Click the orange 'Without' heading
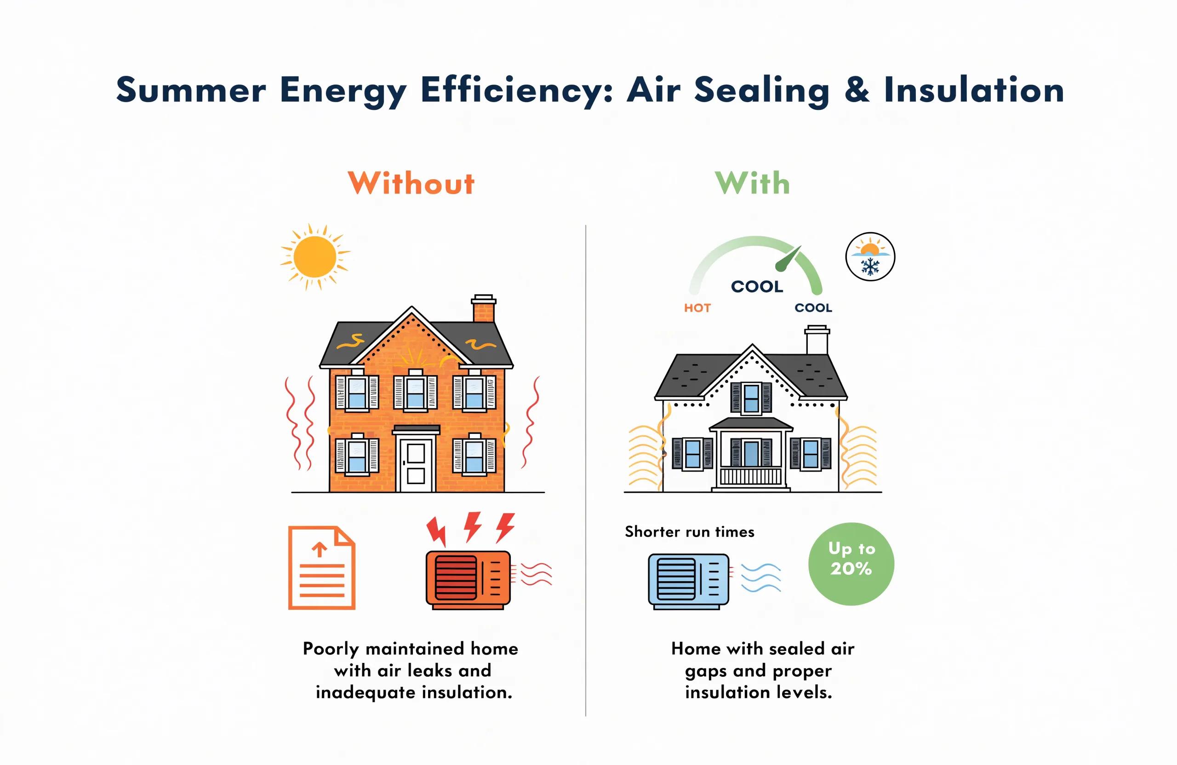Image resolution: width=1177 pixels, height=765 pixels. pyautogui.click(x=411, y=183)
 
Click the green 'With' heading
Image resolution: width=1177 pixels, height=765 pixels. pyautogui.click(x=752, y=183)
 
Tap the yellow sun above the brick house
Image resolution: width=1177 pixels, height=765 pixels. pyautogui.click(x=314, y=257)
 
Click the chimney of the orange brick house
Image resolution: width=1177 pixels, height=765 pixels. pyautogui.click(x=483, y=309)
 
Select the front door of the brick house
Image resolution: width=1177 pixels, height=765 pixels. pyautogui.click(x=416, y=464)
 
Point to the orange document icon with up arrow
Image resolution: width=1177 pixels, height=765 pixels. pyautogui.click(x=321, y=568)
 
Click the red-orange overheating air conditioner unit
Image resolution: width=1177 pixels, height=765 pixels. pyautogui.click(x=468, y=580)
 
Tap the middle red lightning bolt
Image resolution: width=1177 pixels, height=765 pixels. pyautogui.click(x=473, y=527)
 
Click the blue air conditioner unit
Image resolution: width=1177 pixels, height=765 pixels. pyautogui.click(x=688, y=582)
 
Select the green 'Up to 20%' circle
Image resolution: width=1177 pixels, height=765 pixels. pyautogui.click(x=851, y=564)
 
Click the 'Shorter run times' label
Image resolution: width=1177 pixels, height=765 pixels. pyautogui.click(x=689, y=531)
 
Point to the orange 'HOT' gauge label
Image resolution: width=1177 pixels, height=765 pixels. pyautogui.click(x=697, y=308)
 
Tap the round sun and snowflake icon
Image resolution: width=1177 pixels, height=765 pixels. pyautogui.click(x=870, y=257)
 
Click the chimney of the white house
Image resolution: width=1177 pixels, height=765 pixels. pyautogui.click(x=817, y=340)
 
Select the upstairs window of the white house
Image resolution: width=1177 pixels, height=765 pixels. pyautogui.click(x=751, y=398)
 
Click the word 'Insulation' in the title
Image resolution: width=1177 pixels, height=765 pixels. pyautogui.click(x=974, y=90)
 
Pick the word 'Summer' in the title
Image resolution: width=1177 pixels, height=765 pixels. pyautogui.click(x=191, y=91)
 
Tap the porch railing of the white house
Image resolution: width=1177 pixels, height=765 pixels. pyautogui.click(x=751, y=476)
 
